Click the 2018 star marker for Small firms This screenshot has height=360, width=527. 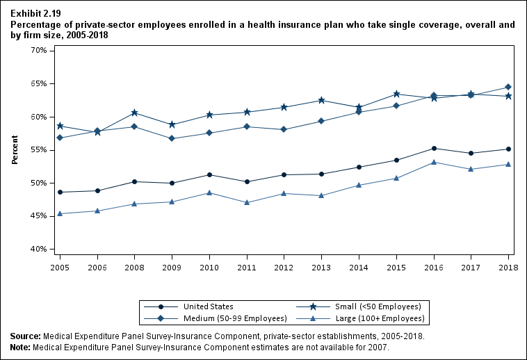pyautogui.click(x=508, y=96)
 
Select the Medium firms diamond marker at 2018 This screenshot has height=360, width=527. pyautogui.click(x=508, y=87)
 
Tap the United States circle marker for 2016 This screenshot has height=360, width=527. pyautogui.click(x=434, y=148)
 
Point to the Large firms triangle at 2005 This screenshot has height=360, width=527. pyautogui.click(x=60, y=213)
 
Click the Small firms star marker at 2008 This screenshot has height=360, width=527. pyautogui.click(x=134, y=113)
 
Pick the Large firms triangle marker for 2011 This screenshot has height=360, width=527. pyautogui.click(x=247, y=202)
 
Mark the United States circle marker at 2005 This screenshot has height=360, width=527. pyautogui.click(x=60, y=192)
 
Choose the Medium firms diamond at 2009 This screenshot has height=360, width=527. pyautogui.click(x=172, y=138)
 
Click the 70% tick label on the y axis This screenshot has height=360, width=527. pyautogui.click(x=38, y=51)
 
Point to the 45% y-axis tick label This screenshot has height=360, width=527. pyautogui.click(x=38, y=216)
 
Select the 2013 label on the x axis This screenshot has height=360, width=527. pyautogui.click(x=321, y=266)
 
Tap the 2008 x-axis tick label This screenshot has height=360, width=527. pyautogui.click(x=134, y=266)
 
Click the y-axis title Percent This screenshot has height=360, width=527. pyautogui.click(x=15, y=150)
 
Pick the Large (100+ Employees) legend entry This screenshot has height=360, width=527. pyautogui.click(x=380, y=318)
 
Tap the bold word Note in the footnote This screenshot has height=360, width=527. pyautogui.click(x=21, y=346)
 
